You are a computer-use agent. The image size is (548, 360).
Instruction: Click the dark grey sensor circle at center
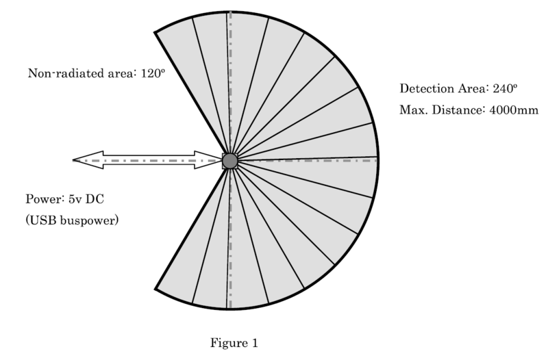coord(230,161)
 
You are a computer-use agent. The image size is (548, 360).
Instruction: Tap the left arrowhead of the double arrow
coord(88,160)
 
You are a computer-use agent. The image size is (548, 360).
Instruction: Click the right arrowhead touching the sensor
coord(208,160)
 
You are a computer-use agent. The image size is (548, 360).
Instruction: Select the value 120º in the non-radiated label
coord(153,73)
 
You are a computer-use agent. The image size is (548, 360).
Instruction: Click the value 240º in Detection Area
coord(505,89)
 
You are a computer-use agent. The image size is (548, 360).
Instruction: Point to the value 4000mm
coord(514,110)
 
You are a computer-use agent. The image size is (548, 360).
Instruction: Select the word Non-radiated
coord(66,73)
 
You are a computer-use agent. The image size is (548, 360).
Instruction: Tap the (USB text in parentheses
coord(41,220)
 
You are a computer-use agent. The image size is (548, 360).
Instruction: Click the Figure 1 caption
coord(234,343)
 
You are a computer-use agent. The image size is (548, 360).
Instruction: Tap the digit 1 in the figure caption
coord(255,342)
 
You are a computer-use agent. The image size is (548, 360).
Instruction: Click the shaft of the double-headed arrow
coord(149,160)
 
